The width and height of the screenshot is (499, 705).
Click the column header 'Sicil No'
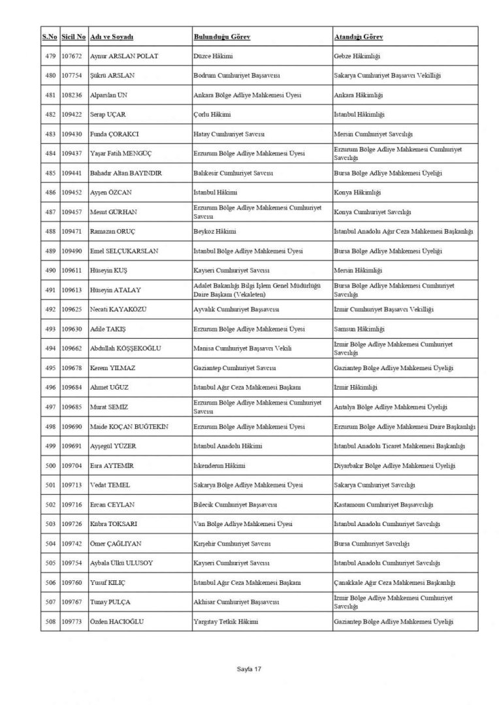[74, 37]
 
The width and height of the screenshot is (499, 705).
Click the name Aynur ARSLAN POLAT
[124, 56]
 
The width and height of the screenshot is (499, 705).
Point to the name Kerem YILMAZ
[113, 368]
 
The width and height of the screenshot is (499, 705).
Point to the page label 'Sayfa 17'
[249, 669]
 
